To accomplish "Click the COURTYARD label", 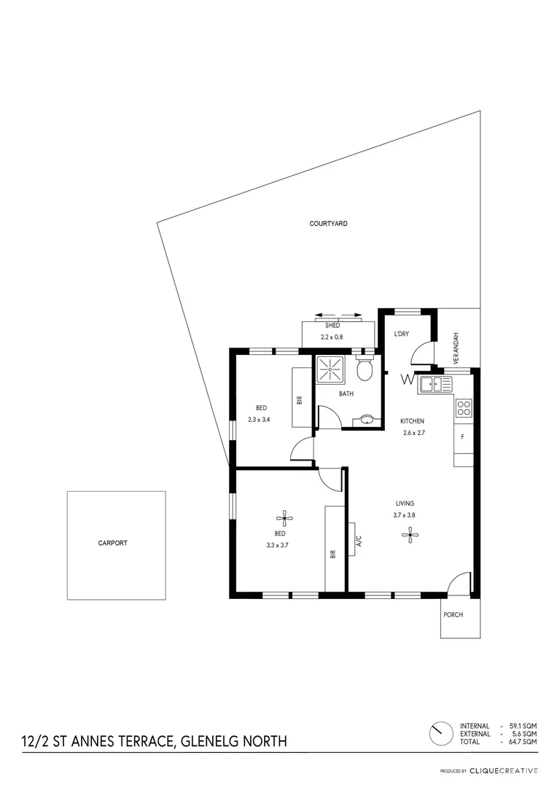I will coord(327,224).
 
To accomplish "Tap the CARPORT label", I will coord(113,543).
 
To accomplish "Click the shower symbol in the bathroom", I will coord(330,369).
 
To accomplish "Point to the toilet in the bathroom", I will coord(365,369).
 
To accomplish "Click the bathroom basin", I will coord(367,420).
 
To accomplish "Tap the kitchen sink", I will coord(435,383).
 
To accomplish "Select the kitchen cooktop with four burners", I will coord(464,408).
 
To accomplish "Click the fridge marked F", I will coord(462,437).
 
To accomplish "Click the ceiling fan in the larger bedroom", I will coord(285,519).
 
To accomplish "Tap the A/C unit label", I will coord(359,541).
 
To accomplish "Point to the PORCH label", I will coord(453,614).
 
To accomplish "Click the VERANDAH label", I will coord(456,348).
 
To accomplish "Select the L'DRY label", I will coord(401,334).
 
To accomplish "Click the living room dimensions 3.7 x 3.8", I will coord(405,514).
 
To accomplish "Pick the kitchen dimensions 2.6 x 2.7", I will coord(413,433).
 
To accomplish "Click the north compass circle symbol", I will coord(440,734).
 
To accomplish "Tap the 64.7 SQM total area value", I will coord(525,741).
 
